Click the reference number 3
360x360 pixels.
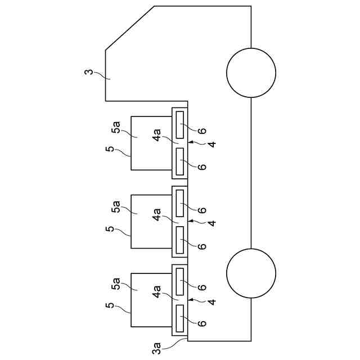click(x=89, y=73)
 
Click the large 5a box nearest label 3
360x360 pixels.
click(x=151, y=143)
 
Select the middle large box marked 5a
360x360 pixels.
click(x=151, y=222)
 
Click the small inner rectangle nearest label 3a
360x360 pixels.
click(x=181, y=318)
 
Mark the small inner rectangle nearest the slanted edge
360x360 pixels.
click(x=181, y=124)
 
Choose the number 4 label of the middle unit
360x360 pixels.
click(x=211, y=223)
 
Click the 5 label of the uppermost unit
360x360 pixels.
click(x=110, y=150)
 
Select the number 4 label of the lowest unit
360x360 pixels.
click(x=211, y=302)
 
